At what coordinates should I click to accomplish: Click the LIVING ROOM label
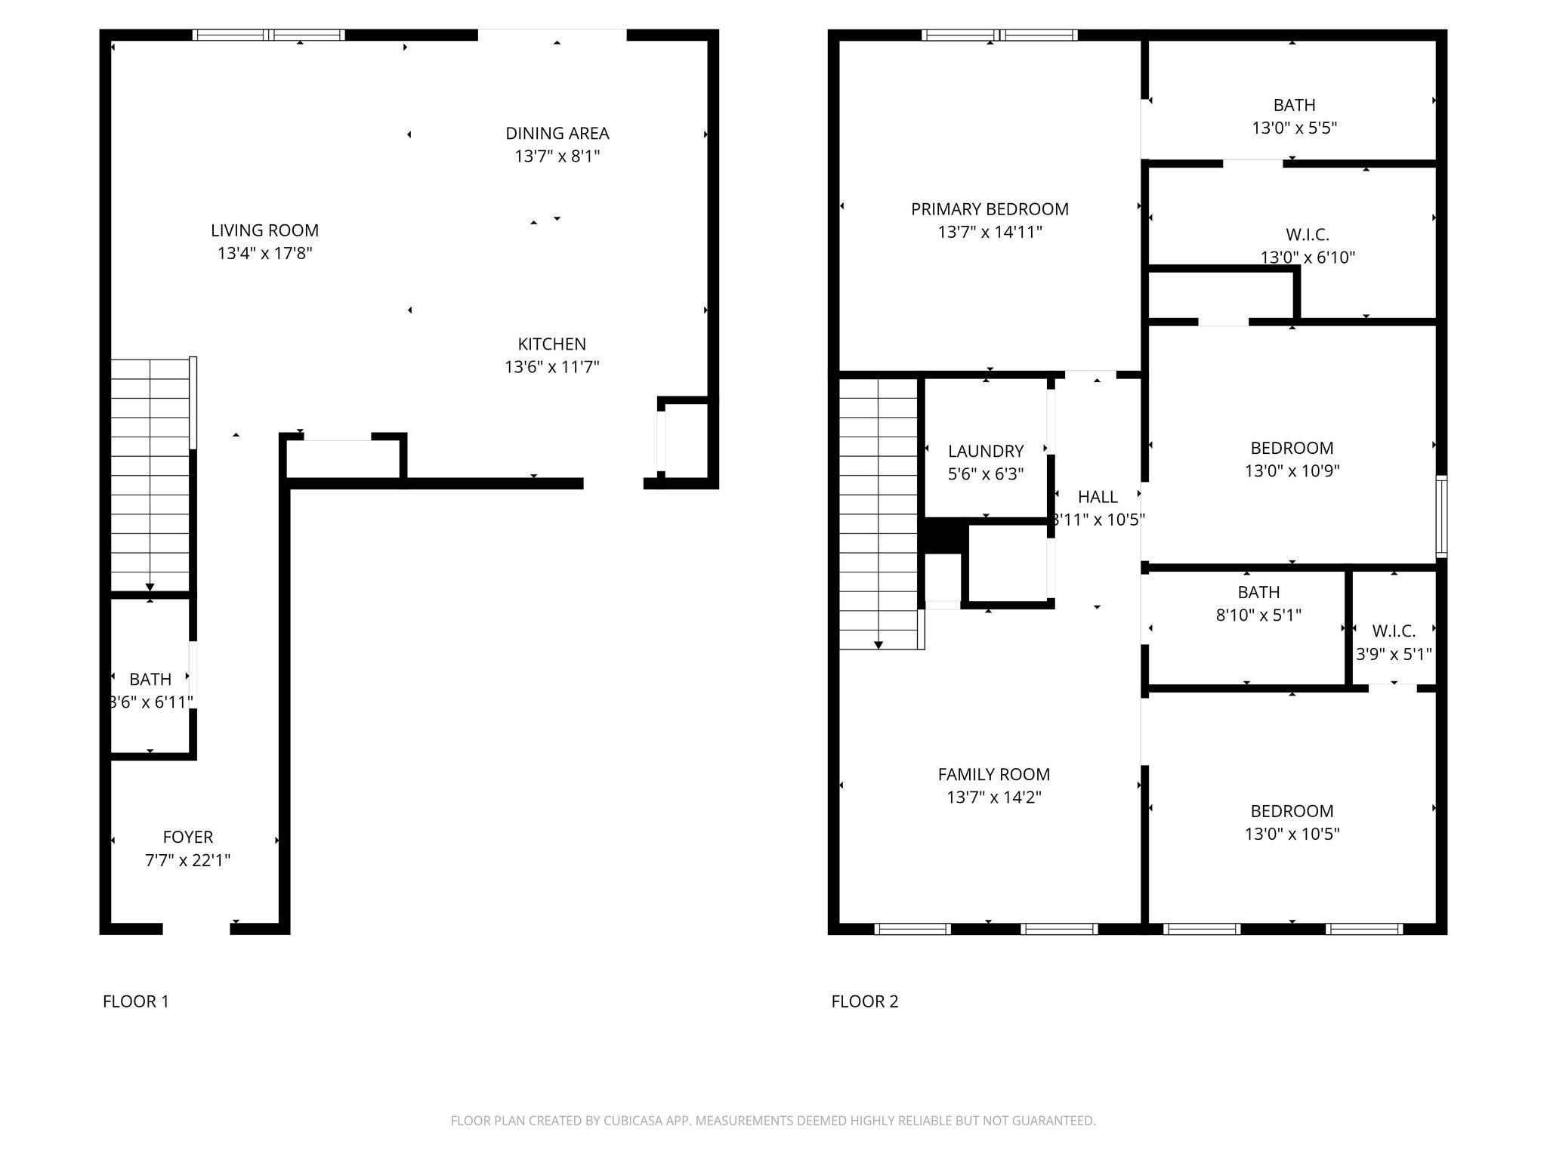click(x=264, y=230)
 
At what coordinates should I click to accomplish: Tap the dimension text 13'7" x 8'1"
click(x=557, y=156)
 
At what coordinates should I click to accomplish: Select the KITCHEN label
click(x=551, y=344)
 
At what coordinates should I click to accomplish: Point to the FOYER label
click(x=188, y=837)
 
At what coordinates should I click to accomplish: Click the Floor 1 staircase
click(x=150, y=476)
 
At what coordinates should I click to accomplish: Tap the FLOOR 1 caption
click(x=136, y=1001)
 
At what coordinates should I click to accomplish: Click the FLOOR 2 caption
click(x=865, y=1001)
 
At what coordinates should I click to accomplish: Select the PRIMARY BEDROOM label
click(x=990, y=209)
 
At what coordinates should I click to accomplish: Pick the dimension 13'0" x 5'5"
click(x=1294, y=128)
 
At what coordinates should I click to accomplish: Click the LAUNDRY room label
click(x=986, y=451)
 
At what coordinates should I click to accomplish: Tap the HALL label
click(x=1098, y=497)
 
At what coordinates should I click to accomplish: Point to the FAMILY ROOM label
click(x=993, y=774)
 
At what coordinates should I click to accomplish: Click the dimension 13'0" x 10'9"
click(x=1292, y=470)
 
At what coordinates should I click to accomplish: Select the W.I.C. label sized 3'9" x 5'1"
click(x=1394, y=631)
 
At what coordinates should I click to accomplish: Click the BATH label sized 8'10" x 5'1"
click(x=1258, y=592)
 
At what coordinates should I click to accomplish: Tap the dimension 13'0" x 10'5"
click(x=1292, y=834)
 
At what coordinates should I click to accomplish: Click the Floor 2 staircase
click(x=878, y=514)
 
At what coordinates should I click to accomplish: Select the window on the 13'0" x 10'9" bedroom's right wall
click(x=1441, y=516)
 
